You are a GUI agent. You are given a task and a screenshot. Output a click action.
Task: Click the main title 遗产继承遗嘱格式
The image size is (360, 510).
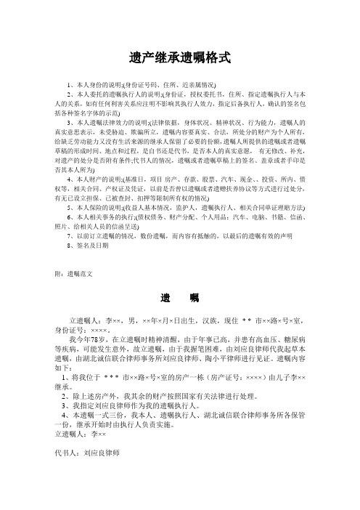point(179,55)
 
